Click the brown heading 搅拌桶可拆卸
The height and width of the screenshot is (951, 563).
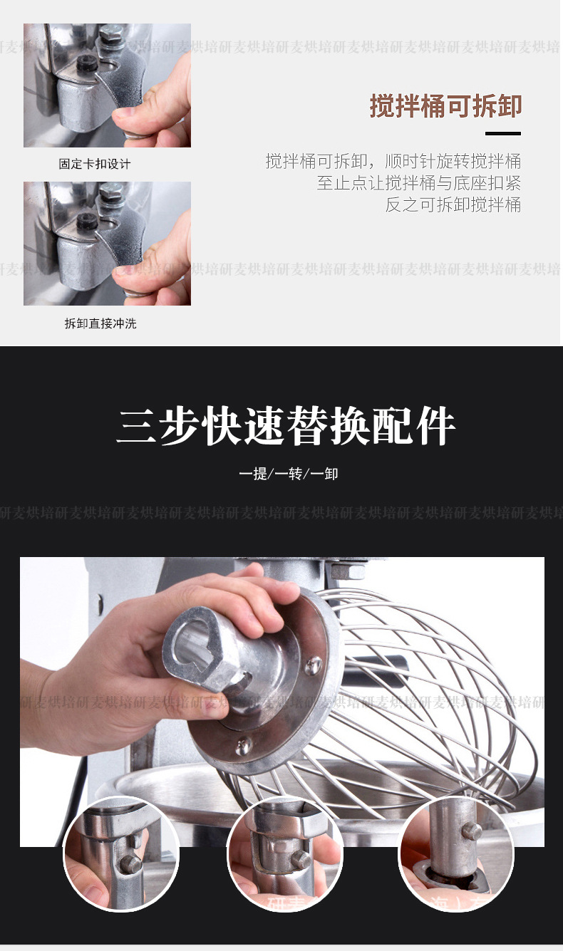[445, 106]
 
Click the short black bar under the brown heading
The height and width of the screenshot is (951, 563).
[502, 133]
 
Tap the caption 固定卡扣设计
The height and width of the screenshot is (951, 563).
[95, 164]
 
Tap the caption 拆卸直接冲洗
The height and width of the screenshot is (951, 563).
[100, 323]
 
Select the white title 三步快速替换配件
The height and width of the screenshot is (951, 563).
[286, 427]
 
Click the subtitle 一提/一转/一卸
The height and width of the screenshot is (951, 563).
[288, 473]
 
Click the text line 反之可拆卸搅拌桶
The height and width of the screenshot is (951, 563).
[453, 205]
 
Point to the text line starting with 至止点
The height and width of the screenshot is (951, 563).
[418, 182]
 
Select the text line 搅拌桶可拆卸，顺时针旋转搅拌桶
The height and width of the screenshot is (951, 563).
[393, 160]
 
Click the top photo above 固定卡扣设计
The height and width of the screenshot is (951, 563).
[107, 85]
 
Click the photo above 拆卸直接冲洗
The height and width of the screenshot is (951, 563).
[107, 244]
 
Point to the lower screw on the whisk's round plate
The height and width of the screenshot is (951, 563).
[244, 745]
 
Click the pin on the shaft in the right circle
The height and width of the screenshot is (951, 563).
[471, 831]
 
